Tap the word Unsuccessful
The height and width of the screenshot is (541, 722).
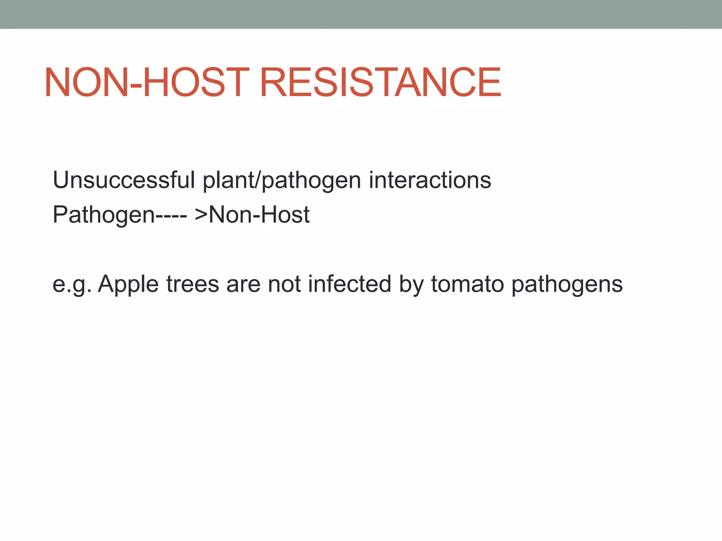pos(124,180)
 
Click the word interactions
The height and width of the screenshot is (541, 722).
pos(430,180)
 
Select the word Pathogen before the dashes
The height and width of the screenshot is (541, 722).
pos(104,215)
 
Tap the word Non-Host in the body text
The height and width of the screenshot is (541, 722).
pos(259,214)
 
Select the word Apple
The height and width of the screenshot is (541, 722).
pos(128,285)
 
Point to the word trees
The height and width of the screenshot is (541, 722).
pos(192,284)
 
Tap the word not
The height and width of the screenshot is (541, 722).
pos(284,284)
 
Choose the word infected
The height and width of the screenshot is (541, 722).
pos(349,284)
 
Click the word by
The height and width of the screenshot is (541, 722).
pos(411,285)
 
